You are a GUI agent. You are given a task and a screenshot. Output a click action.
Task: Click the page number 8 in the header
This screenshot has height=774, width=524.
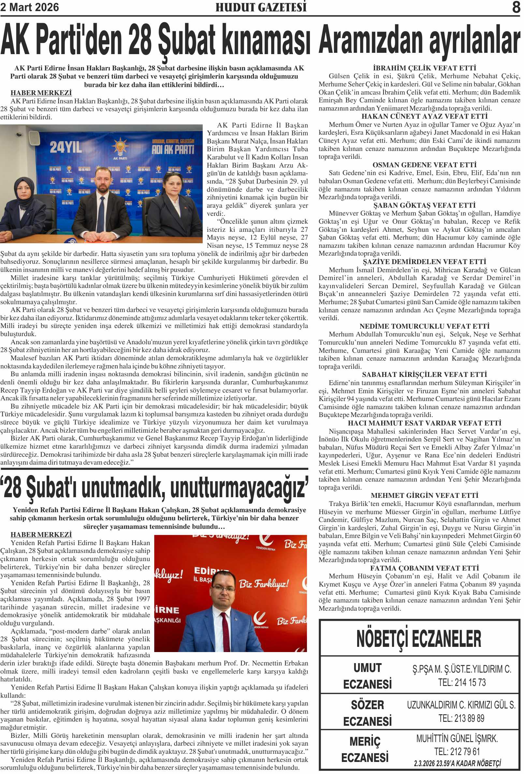click(x=516, y=7)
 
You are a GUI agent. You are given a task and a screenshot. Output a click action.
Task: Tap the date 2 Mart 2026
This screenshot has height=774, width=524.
click(x=30, y=7)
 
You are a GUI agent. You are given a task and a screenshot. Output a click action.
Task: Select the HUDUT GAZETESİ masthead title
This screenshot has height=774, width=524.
click(x=261, y=7)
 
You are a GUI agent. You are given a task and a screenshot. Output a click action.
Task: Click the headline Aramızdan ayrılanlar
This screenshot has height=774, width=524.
click(x=419, y=41)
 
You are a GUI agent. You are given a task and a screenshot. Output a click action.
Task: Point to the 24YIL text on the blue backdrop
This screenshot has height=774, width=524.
click(x=66, y=147)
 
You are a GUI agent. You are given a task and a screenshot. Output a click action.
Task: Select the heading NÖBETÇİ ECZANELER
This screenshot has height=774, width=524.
click(x=419, y=638)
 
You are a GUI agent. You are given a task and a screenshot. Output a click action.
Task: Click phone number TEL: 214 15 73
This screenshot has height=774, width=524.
click(x=462, y=683)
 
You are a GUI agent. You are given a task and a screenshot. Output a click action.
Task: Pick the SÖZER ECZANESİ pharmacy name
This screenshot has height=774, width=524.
click(x=368, y=713)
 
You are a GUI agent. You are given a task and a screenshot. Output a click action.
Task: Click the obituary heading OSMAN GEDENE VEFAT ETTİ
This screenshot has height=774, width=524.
click(x=425, y=165)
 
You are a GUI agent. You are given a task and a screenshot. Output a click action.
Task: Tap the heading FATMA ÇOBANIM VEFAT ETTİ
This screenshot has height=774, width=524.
click(x=425, y=568)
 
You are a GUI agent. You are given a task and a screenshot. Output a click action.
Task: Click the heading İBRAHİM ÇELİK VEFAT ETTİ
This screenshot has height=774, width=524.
click(x=425, y=68)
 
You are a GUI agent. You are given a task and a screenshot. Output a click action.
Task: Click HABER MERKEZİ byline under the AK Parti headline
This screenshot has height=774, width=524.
click(x=41, y=93)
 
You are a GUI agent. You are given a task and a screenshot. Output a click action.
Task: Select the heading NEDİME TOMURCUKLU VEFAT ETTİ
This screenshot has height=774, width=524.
click(x=425, y=326)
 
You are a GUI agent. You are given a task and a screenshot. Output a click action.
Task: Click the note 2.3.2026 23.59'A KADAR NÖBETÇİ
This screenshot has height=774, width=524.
click(x=457, y=763)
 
